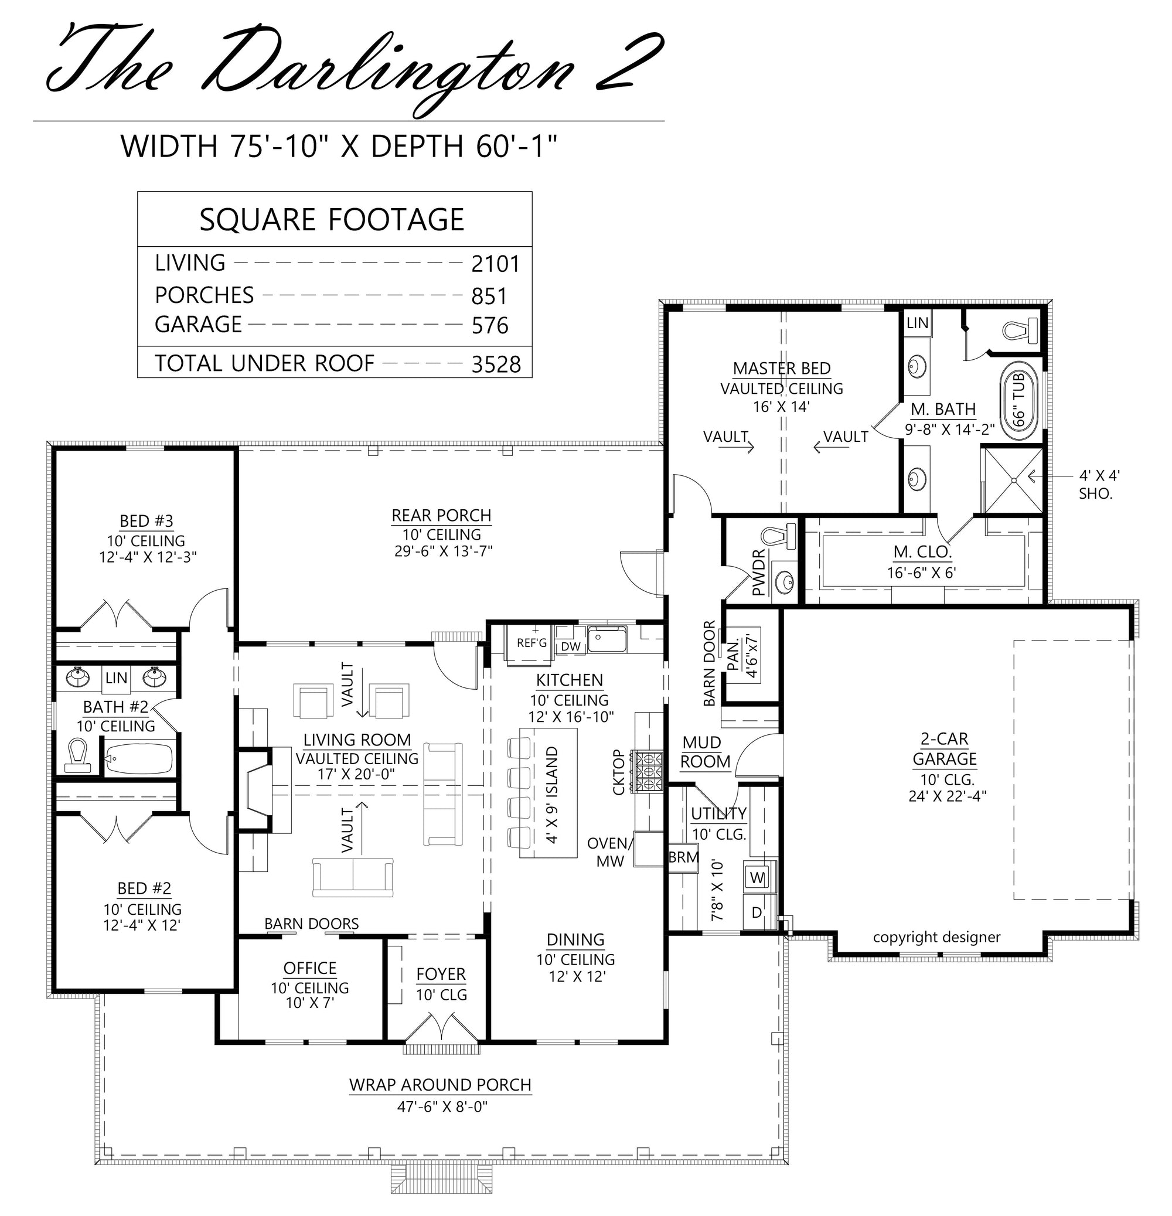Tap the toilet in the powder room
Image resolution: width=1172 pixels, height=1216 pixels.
[779, 536]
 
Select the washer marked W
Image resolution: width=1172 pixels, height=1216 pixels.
[758, 877]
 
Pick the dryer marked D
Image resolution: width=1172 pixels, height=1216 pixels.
[758, 912]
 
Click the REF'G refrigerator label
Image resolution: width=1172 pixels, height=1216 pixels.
[532, 643]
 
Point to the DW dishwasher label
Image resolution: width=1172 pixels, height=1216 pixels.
[571, 646]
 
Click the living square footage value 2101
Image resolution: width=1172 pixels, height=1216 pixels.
[495, 264]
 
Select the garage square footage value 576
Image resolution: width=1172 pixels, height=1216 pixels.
[490, 326]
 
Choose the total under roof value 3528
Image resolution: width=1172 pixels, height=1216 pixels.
[496, 364]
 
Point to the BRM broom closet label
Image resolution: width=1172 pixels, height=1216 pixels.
[684, 857]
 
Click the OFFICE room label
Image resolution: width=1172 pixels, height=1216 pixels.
[309, 969]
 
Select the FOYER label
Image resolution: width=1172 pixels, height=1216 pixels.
[441, 975]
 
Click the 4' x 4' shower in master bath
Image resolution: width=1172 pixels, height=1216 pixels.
[1014, 479]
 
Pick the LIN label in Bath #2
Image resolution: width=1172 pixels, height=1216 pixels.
[117, 678]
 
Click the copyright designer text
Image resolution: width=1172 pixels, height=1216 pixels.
[936, 938]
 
